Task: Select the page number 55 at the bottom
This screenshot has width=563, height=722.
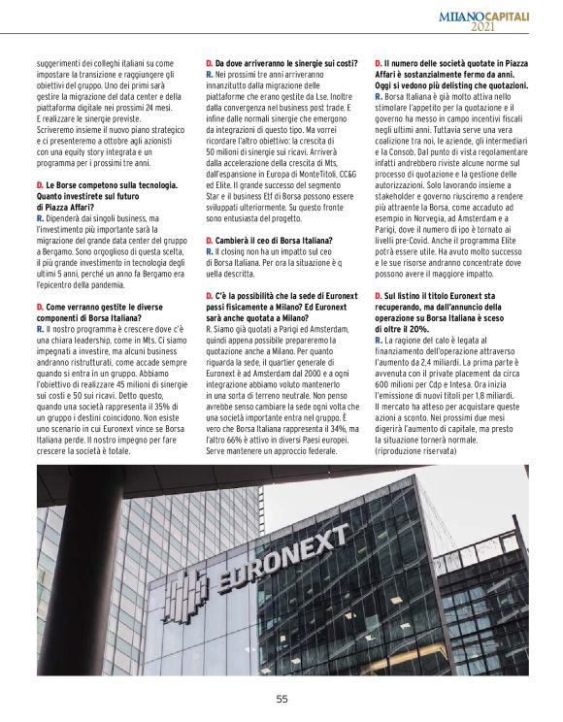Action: pos(281,698)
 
